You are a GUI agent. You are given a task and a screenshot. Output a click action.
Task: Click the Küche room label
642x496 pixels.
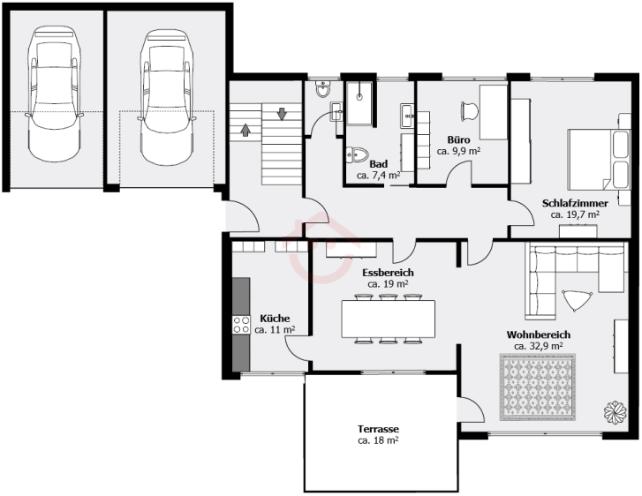275,319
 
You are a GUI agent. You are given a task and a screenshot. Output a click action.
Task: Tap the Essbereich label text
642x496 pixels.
388,273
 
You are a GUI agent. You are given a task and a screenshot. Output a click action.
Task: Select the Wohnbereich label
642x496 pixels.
538,334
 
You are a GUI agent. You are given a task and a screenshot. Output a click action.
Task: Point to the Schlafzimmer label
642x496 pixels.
575,203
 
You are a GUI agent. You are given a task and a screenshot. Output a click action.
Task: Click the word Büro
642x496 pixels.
458,140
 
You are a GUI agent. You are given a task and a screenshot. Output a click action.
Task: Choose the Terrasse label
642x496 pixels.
378,429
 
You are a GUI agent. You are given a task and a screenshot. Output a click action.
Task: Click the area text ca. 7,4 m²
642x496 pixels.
378,176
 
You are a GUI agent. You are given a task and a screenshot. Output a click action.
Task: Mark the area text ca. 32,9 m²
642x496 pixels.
538,346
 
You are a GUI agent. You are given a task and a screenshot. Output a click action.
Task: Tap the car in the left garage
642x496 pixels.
54,94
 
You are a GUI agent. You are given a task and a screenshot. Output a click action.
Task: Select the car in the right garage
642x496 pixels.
166,97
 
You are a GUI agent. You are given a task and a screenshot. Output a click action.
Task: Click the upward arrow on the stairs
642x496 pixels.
245,130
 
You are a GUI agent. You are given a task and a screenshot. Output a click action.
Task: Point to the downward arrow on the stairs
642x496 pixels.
282,113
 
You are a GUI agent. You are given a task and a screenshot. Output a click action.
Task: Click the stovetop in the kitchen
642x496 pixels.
241,325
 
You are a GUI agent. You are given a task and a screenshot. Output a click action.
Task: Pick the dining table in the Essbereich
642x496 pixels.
389,319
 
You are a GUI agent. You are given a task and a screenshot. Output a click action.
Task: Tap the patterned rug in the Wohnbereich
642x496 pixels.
537,387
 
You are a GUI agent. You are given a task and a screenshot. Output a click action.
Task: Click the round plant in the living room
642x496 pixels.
615,411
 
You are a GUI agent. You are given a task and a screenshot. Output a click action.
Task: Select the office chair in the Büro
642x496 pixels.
469,111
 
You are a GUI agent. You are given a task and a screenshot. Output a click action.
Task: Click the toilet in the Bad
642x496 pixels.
357,154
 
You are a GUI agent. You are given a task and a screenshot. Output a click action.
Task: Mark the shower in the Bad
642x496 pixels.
359,103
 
